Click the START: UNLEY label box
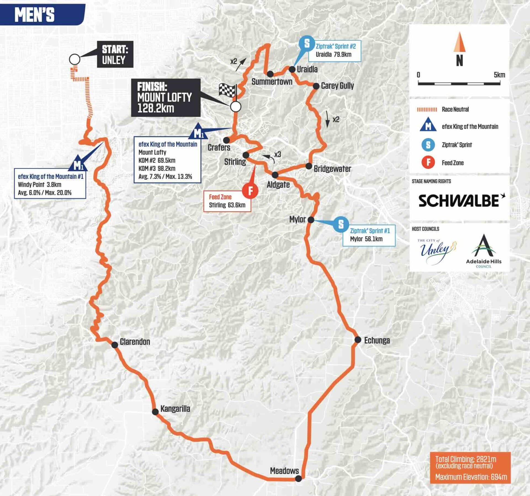coord(115,54)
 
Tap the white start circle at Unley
coord(75,59)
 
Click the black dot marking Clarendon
coord(115,345)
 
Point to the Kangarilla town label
coord(175,409)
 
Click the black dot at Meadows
coord(298,478)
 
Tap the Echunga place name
coord(377,340)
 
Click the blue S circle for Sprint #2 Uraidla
coord(307,43)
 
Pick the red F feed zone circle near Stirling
coord(250,190)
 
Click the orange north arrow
coord(459,42)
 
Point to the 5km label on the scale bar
coord(499,75)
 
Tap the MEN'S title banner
coord(35,14)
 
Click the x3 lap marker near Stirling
coord(277,155)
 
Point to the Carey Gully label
coord(337,86)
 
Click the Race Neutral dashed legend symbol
coord(427,110)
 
